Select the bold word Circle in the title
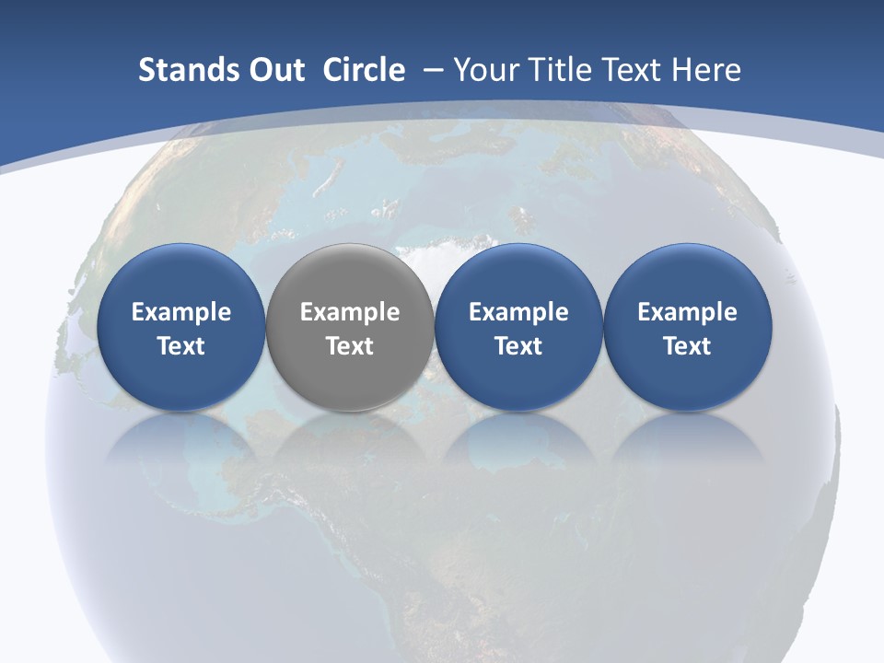pos(364,70)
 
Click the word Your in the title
pos(484,70)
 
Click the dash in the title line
pos(432,70)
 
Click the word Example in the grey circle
pos(350,313)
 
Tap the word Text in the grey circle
pos(350,346)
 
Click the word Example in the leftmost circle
pos(180,313)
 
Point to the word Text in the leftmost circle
pos(180,346)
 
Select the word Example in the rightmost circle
pos(688,313)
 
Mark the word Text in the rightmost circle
pos(688,346)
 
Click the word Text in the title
pos(635,70)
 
